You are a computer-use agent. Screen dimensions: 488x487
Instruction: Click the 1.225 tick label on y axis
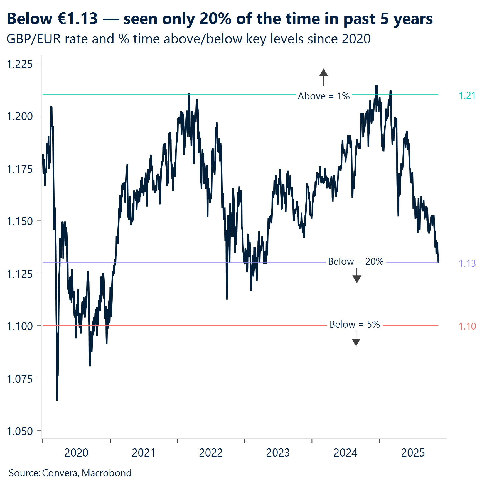(x=19, y=64)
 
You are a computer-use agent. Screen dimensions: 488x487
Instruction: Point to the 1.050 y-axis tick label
(x=19, y=431)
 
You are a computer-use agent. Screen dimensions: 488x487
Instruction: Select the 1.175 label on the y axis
(x=19, y=169)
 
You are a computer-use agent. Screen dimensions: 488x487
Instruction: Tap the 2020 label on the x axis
(x=76, y=453)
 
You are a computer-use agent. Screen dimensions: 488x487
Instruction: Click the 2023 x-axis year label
(x=278, y=453)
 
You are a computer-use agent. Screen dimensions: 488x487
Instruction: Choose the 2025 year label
(x=413, y=453)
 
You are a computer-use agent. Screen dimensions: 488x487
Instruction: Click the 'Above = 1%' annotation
(x=323, y=96)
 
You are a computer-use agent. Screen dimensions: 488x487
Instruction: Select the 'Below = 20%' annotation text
(x=356, y=262)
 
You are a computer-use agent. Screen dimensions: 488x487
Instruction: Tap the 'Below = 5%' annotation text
(x=355, y=325)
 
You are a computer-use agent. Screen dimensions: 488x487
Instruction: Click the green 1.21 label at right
(x=467, y=96)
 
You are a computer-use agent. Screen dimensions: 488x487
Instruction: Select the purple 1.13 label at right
(x=467, y=263)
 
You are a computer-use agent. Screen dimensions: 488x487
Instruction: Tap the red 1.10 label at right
(x=467, y=326)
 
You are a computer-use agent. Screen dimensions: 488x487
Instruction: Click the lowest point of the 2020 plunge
(x=57, y=399)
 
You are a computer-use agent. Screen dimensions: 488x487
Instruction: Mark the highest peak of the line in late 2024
(x=376, y=86)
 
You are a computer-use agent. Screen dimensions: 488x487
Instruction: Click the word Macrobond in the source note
(x=107, y=473)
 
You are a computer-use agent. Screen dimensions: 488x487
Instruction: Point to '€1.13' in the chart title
(x=78, y=19)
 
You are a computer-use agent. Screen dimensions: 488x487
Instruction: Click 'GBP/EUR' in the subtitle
(x=34, y=39)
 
